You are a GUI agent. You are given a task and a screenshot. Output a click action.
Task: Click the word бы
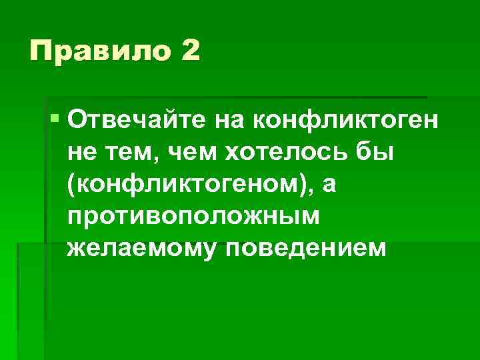tap(383, 152)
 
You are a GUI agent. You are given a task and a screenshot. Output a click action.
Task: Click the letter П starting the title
tap(39, 51)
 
